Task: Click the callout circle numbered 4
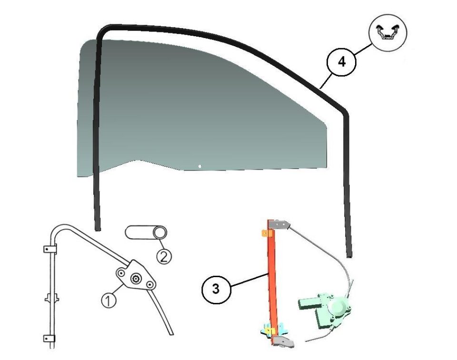coord(341,62)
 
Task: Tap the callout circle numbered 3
coord(216,289)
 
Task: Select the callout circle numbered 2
coord(164,257)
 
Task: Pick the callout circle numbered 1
coord(109,300)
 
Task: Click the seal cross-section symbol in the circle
coord(387,32)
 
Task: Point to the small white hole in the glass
coord(199,167)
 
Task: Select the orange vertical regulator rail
coord(272,281)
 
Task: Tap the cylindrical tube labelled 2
coord(146,232)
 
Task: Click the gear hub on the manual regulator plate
coord(136,279)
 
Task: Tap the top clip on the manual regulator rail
coord(50,250)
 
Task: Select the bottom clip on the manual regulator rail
coord(49,339)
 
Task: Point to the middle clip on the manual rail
coord(51,299)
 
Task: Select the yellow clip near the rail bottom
coord(271,331)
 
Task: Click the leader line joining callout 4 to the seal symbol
coord(363,49)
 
